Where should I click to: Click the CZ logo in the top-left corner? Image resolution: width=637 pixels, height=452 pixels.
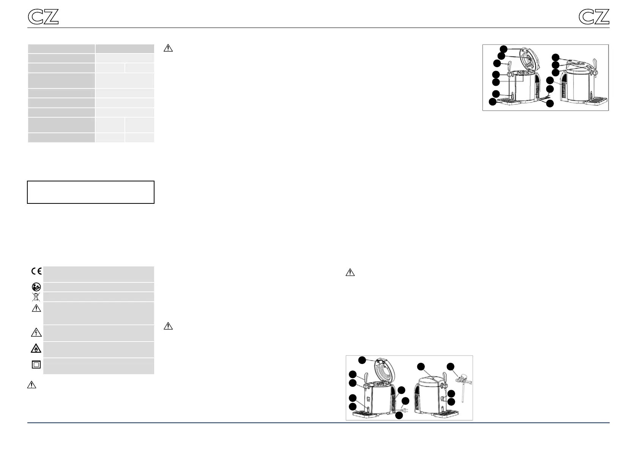click(x=43, y=17)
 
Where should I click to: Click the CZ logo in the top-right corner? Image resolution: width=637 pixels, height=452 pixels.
click(x=594, y=17)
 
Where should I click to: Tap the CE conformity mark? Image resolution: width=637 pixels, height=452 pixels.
click(x=36, y=271)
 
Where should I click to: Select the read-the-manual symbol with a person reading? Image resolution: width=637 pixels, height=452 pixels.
click(x=36, y=287)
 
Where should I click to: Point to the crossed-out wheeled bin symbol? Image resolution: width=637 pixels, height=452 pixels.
click(x=36, y=297)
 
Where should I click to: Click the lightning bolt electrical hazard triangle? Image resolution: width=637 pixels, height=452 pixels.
click(x=36, y=333)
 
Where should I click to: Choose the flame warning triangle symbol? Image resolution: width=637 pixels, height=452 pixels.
click(x=36, y=348)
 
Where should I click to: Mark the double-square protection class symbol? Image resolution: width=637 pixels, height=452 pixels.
click(x=36, y=365)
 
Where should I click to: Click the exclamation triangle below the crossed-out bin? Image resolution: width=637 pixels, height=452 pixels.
click(x=36, y=308)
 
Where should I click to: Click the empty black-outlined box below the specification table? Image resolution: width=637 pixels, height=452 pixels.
click(x=91, y=192)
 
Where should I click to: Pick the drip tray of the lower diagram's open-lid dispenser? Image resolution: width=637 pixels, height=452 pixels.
click(x=366, y=415)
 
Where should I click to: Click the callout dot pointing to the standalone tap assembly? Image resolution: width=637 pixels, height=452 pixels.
click(x=450, y=367)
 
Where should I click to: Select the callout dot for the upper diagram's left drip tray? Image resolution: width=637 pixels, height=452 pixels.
click(x=492, y=102)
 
